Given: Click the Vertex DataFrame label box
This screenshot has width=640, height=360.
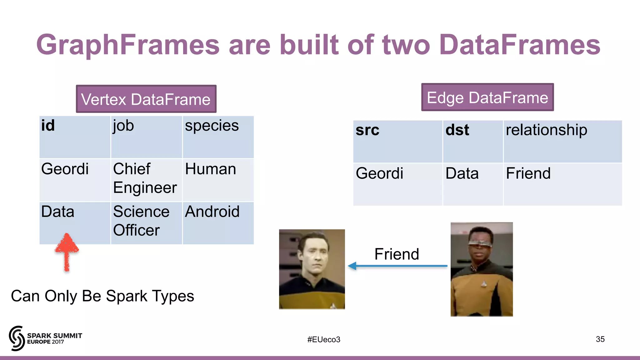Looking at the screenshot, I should pyautogui.click(x=146, y=99).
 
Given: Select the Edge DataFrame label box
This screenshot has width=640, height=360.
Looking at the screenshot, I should pyautogui.click(x=487, y=97).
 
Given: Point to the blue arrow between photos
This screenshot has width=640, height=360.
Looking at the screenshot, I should pyautogui.click(x=397, y=266).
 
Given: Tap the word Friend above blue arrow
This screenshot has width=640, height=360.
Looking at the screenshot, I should pyautogui.click(x=397, y=254).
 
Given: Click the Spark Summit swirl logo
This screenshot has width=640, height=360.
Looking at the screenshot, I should pyautogui.click(x=17, y=338).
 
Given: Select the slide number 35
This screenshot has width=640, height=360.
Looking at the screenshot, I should pyautogui.click(x=600, y=339).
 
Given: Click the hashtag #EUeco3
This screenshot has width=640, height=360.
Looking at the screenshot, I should pyautogui.click(x=323, y=339).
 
